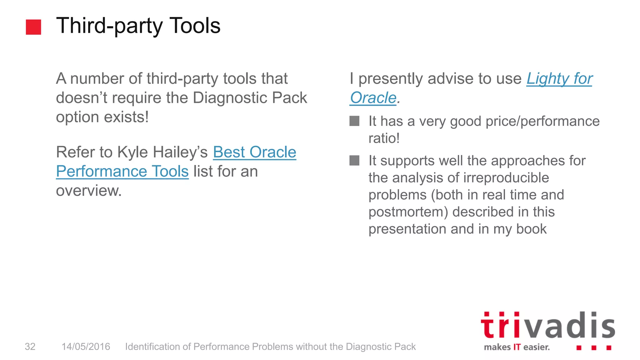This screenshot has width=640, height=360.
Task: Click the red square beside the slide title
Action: tap(33, 27)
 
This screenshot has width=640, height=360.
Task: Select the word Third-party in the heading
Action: tap(109, 26)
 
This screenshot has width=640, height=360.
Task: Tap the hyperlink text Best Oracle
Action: tap(254, 152)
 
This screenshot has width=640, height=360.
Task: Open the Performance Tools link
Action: tap(122, 171)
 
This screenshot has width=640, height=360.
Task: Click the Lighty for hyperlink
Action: tap(559, 78)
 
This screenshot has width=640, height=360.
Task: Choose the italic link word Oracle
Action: tap(373, 98)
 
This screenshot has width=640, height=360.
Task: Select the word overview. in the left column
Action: tap(89, 191)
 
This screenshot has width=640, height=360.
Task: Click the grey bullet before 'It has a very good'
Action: tap(354, 121)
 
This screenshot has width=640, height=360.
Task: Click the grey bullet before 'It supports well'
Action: tap(354, 161)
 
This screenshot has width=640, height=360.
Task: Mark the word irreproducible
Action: tap(506, 178)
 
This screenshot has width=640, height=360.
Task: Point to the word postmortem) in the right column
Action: tap(408, 212)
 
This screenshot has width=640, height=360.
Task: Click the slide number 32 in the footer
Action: tap(30, 347)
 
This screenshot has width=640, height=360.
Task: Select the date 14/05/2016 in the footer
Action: tap(86, 347)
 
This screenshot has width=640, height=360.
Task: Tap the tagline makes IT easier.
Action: tap(517, 347)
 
